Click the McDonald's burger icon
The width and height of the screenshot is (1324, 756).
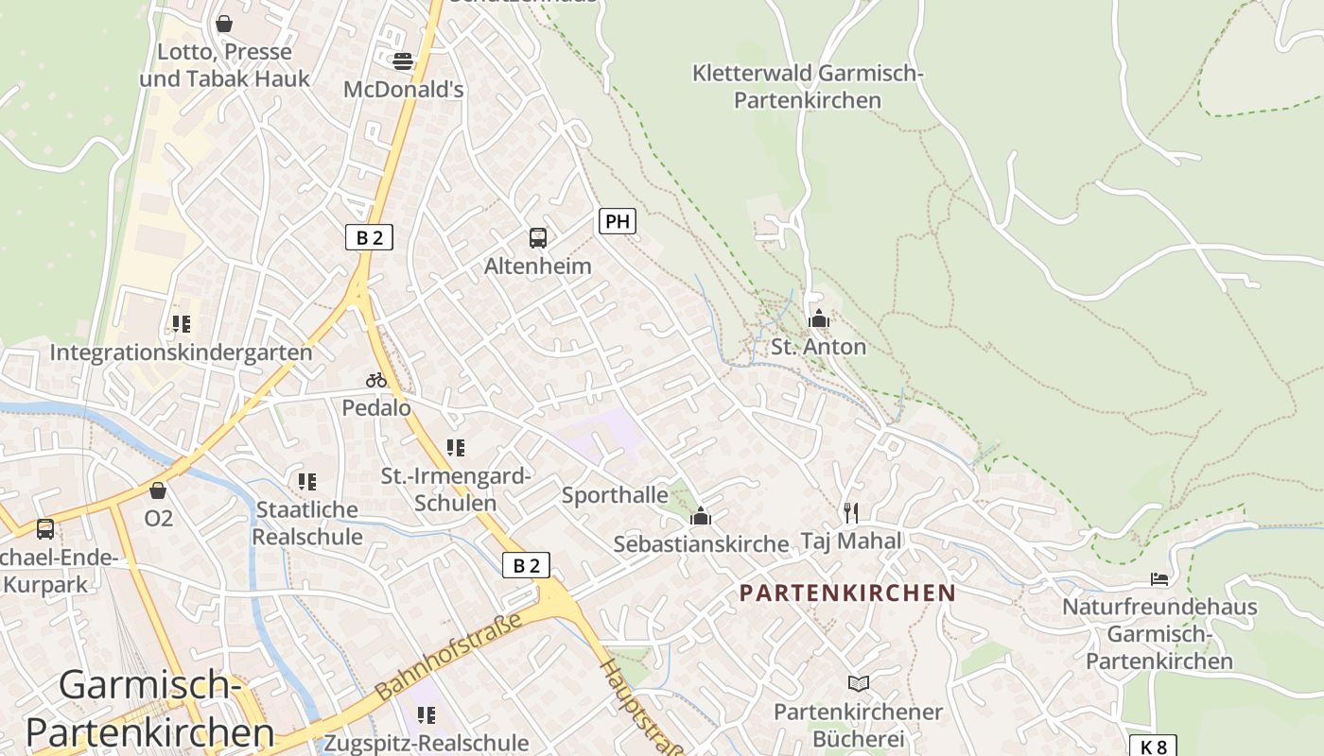pyautogui.click(x=403, y=61)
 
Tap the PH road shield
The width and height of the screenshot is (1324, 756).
pyautogui.click(x=617, y=222)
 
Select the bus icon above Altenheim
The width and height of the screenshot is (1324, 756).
pyautogui.click(x=538, y=238)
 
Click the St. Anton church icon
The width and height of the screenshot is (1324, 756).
pyautogui.click(x=819, y=318)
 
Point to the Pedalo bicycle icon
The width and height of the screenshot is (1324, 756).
pyautogui.click(x=376, y=380)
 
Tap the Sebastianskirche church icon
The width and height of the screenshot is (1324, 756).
pyautogui.click(x=701, y=516)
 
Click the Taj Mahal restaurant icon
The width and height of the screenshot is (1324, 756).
pyautogui.click(x=851, y=512)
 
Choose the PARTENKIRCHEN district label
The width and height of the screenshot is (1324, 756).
pyautogui.click(x=847, y=593)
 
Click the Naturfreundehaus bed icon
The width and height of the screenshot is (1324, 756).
pyautogui.click(x=1159, y=578)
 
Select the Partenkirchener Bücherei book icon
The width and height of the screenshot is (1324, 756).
pyautogui.click(x=859, y=683)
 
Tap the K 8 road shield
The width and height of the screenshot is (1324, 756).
pyautogui.click(x=1153, y=747)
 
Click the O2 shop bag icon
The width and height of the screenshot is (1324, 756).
pyautogui.click(x=158, y=490)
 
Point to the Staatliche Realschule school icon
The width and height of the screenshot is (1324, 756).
pyautogui.click(x=307, y=482)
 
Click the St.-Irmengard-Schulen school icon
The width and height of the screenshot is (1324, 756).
pyautogui.click(x=456, y=447)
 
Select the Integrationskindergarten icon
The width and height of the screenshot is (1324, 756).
pyautogui.click(x=181, y=324)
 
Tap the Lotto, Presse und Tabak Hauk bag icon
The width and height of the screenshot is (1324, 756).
pyautogui.click(x=224, y=24)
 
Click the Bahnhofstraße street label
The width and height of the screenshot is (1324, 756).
pyautogui.click(x=450, y=657)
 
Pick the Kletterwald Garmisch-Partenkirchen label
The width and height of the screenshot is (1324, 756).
pyautogui.click(x=808, y=86)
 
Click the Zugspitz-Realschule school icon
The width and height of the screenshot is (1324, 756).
pyautogui.click(x=427, y=714)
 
